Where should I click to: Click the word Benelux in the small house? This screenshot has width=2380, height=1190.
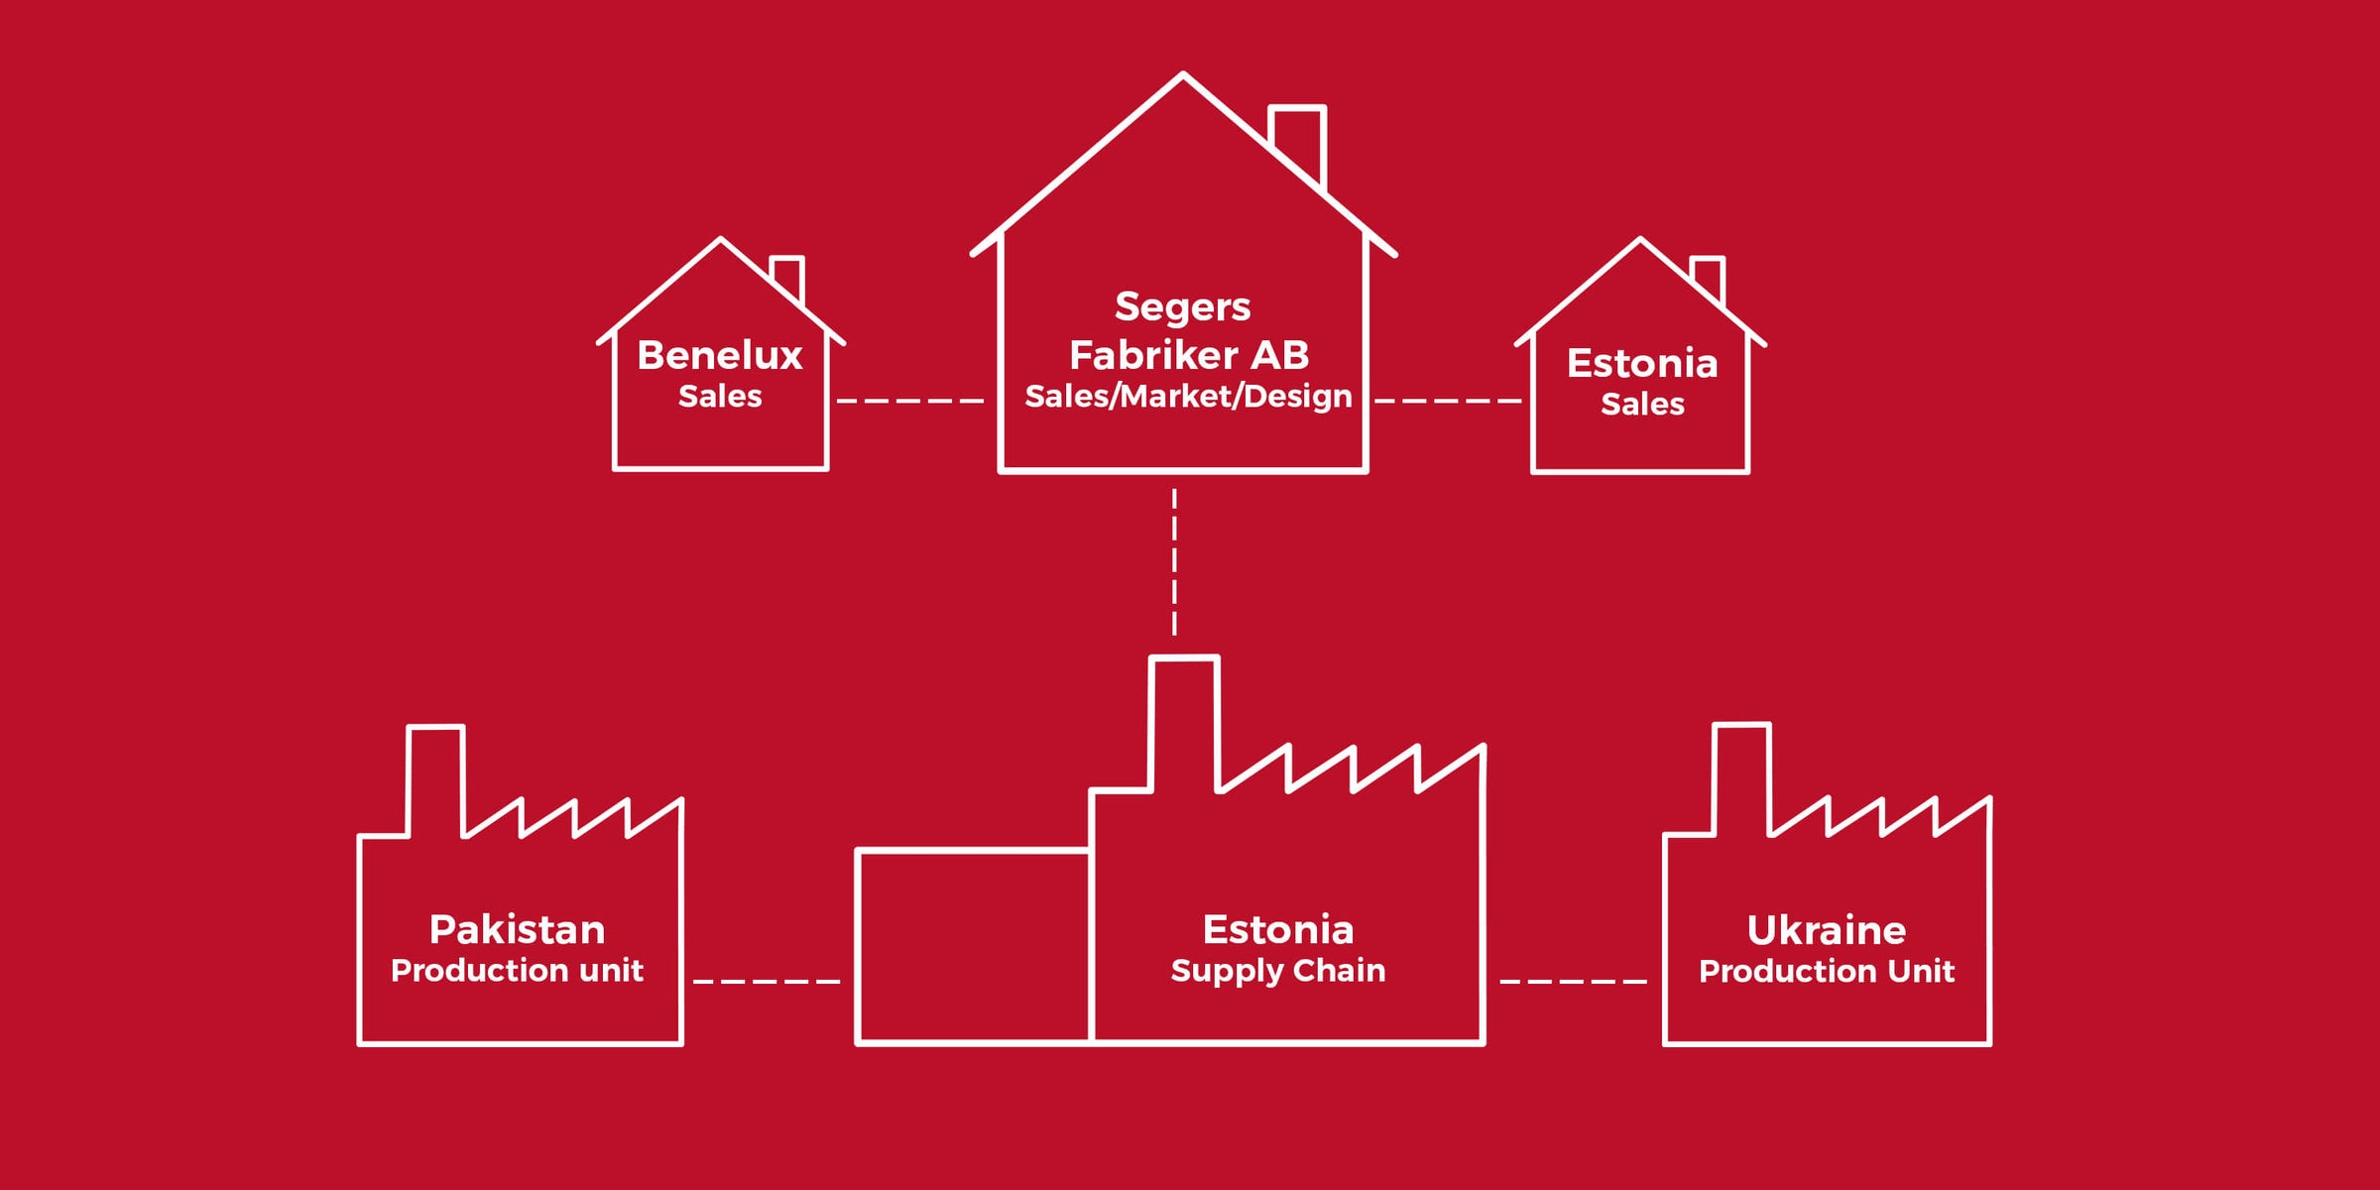click(719, 355)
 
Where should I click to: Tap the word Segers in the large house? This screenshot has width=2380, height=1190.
click(1182, 307)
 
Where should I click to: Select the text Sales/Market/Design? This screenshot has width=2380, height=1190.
click(1188, 396)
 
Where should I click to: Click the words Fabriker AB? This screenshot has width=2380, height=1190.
click(1188, 355)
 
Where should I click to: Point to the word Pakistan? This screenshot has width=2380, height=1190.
click(517, 930)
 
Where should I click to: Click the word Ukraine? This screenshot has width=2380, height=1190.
click(1826, 930)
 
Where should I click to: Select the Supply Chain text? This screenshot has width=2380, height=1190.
click(1277, 970)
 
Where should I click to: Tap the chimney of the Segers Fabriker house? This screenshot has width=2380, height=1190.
click(1298, 139)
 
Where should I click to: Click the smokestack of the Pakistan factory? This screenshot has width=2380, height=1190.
click(436, 778)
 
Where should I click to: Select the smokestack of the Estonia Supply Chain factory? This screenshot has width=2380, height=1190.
click(1184, 719)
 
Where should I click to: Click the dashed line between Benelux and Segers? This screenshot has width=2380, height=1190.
click(909, 401)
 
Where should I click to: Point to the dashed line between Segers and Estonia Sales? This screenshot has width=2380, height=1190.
click(1448, 401)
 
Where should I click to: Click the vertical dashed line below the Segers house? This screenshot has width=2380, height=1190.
click(1174, 561)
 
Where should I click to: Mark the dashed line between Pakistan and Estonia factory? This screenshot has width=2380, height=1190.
click(767, 981)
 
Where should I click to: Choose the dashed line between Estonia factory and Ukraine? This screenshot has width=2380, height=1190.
click(1573, 981)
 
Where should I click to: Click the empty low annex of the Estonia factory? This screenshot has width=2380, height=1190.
click(973, 946)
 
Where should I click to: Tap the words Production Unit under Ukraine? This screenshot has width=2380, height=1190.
click(1826, 971)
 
